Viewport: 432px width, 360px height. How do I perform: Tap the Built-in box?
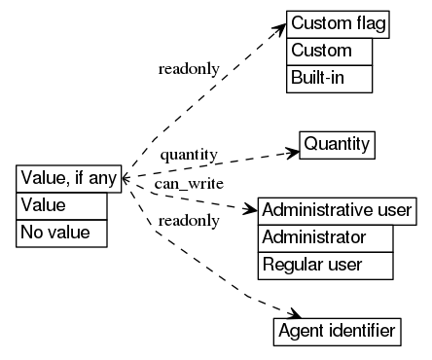(329, 78)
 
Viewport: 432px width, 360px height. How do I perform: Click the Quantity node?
(337, 145)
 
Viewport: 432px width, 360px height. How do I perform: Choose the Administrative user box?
(338, 210)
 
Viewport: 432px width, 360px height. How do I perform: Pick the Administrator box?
(325, 236)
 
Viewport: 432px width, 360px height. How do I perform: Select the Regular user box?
(325, 263)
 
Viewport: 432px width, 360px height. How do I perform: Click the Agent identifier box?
(336, 332)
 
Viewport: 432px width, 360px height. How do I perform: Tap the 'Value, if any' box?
(69, 179)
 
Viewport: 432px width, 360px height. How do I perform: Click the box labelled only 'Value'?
(61, 205)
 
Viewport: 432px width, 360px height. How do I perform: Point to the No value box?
(61, 233)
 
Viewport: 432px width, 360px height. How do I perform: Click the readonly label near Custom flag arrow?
(188, 69)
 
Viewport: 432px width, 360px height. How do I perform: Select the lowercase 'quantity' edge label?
(188, 155)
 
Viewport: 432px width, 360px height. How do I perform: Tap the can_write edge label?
(189, 183)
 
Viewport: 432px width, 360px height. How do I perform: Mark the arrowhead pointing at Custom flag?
(278, 30)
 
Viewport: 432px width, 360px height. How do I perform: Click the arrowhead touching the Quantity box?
(292, 151)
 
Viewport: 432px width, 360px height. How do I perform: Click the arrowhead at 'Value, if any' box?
(127, 178)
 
